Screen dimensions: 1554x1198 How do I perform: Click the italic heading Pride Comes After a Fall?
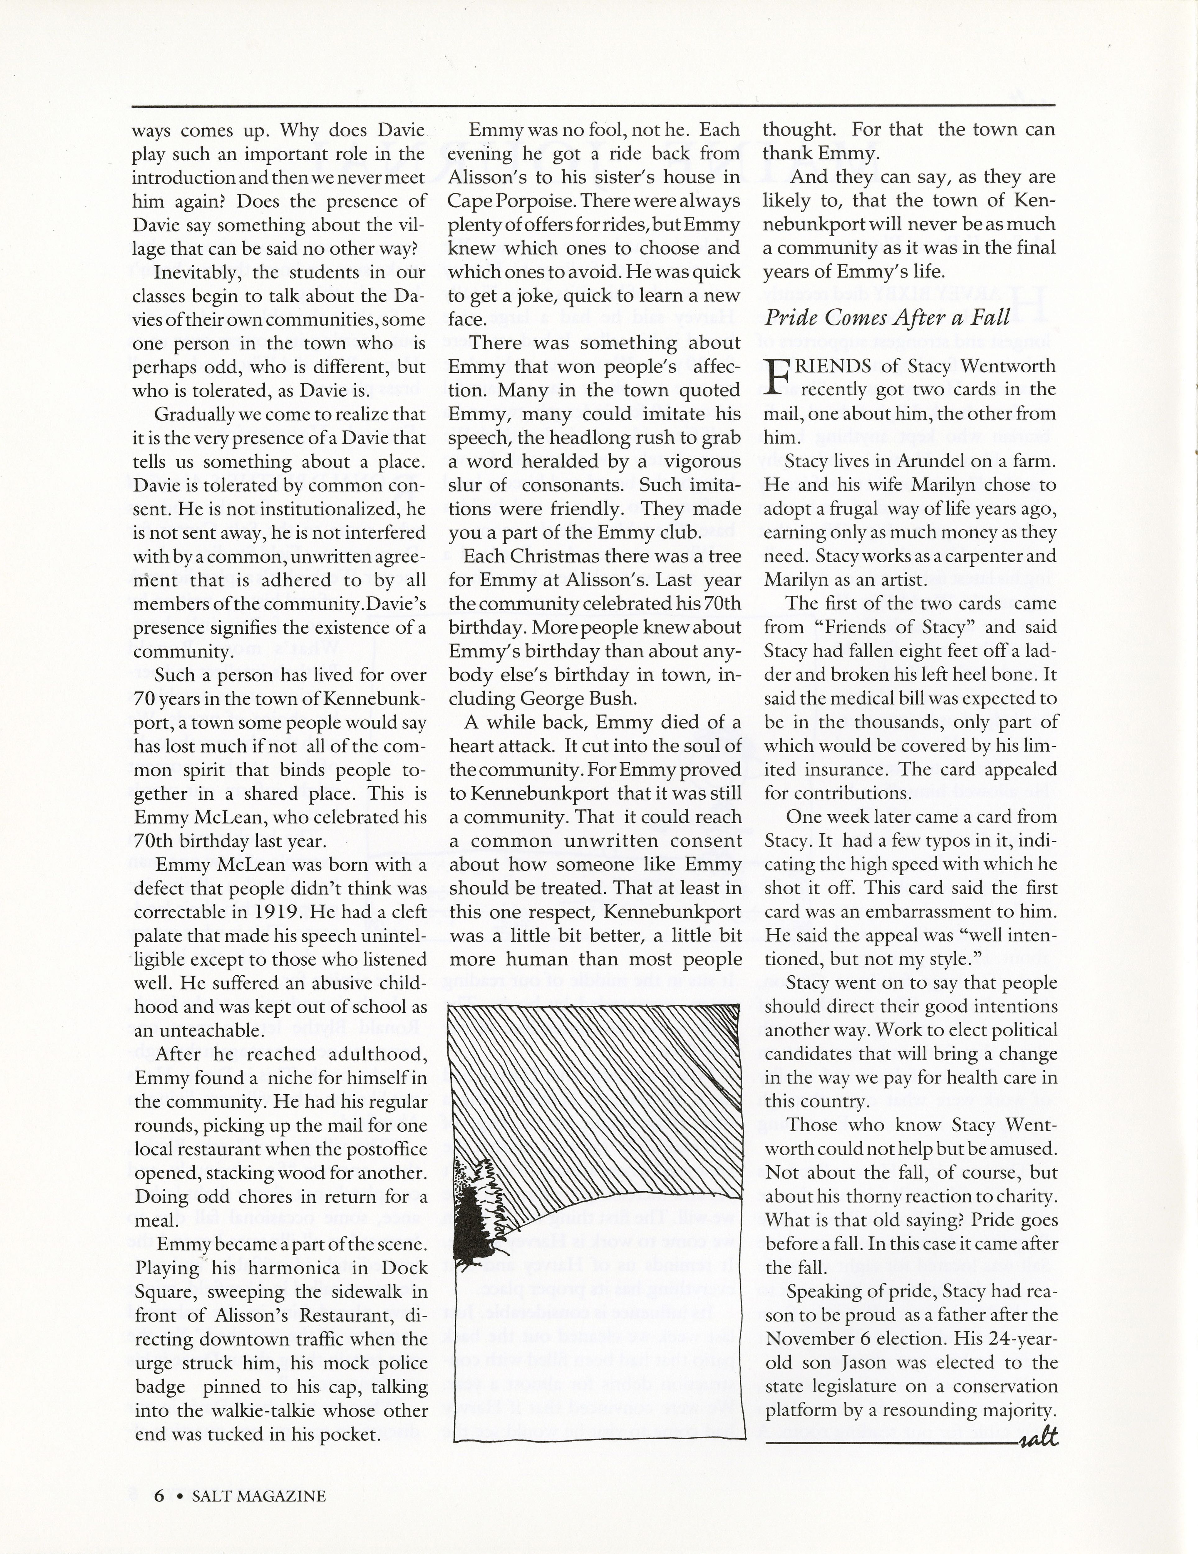[887, 318]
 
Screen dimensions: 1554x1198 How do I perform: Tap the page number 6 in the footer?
[159, 1496]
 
